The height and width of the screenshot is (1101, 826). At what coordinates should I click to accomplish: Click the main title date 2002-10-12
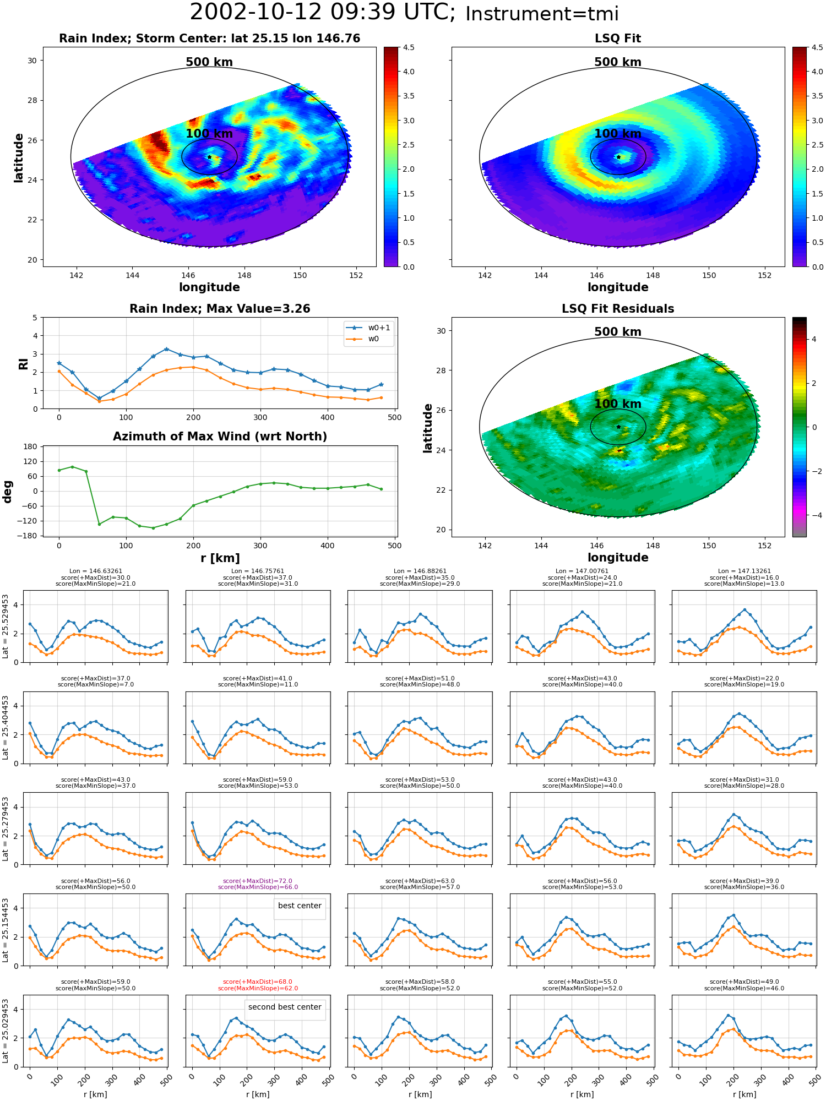tap(264, 13)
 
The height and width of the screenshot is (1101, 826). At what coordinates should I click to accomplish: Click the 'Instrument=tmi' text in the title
tap(542, 14)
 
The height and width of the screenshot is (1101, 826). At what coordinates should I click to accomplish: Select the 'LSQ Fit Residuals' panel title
tap(618, 309)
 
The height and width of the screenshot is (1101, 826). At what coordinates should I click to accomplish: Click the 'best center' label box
tap(300, 906)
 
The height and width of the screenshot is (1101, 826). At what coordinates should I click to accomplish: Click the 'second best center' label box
tap(285, 1007)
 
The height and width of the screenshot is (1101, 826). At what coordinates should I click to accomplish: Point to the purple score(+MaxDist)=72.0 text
tap(258, 881)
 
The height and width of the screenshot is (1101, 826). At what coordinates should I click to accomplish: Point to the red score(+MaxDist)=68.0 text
tap(258, 982)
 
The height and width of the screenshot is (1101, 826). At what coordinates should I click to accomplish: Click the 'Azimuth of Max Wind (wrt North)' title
tap(220, 437)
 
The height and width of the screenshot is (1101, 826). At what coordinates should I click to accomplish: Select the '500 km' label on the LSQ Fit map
tap(618, 62)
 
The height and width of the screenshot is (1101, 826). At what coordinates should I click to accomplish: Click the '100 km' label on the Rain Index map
tap(209, 134)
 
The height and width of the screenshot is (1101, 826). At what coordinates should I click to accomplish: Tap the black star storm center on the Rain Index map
tap(209, 157)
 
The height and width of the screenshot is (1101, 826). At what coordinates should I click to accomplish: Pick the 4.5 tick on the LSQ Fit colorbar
tap(818, 47)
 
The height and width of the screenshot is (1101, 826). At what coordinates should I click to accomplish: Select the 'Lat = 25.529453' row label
tap(6, 626)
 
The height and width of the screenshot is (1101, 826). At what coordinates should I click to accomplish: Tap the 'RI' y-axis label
tap(23, 363)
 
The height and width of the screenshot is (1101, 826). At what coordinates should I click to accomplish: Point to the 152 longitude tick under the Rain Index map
tap(356, 275)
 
